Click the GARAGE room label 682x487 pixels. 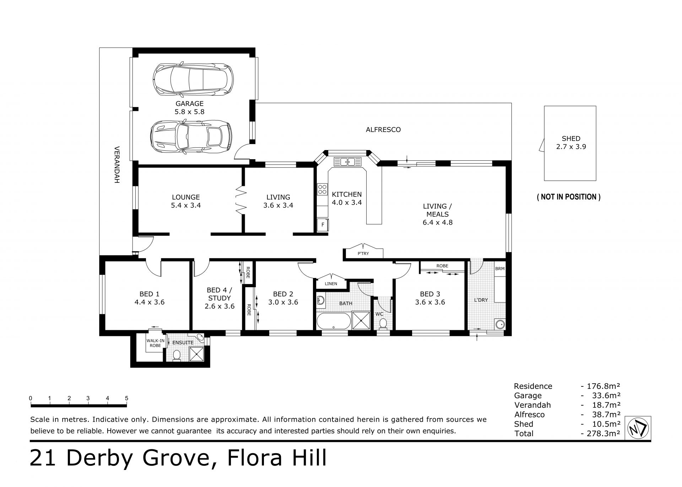[x=189, y=103]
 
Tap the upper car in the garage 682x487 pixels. [x=194, y=79]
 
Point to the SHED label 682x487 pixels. [x=571, y=139]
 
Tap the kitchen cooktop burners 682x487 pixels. [x=323, y=189]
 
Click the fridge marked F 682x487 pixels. [x=323, y=225]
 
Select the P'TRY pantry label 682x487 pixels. [x=363, y=253]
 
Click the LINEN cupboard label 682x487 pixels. [x=331, y=284]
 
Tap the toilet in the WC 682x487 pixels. [x=383, y=324]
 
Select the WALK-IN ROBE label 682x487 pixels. [x=156, y=343]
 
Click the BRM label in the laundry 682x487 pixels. [x=500, y=269]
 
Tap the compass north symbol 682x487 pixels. [x=638, y=429]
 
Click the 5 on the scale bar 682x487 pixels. [x=126, y=398]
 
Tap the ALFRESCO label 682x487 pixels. [x=383, y=130]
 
